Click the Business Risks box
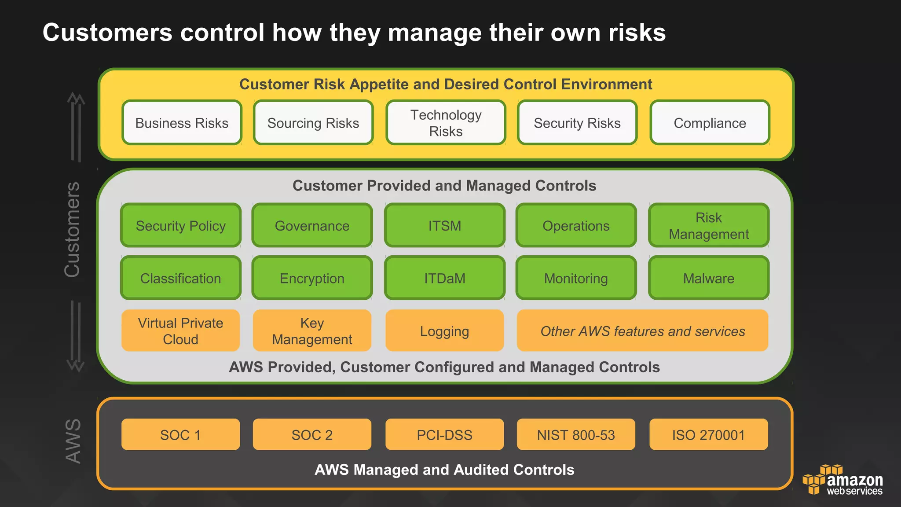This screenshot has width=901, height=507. (182, 123)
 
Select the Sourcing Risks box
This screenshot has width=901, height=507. (313, 123)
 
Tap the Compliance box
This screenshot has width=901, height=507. (710, 123)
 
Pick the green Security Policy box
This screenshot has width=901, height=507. (181, 225)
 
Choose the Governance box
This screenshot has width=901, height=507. (312, 225)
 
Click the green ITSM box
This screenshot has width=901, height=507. (444, 225)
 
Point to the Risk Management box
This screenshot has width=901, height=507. (709, 225)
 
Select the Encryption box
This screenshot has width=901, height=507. (312, 278)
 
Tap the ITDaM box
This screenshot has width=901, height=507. (444, 278)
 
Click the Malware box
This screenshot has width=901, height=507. (709, 278)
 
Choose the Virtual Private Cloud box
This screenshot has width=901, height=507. (180, 331)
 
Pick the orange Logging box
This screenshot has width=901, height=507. (444, 331)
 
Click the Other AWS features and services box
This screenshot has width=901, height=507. (642, 331)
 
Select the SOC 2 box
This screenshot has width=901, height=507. (312, 435)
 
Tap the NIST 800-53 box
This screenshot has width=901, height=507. (576, 435)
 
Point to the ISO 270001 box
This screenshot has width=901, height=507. (708, 435)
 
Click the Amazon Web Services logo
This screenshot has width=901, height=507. (842, 480)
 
